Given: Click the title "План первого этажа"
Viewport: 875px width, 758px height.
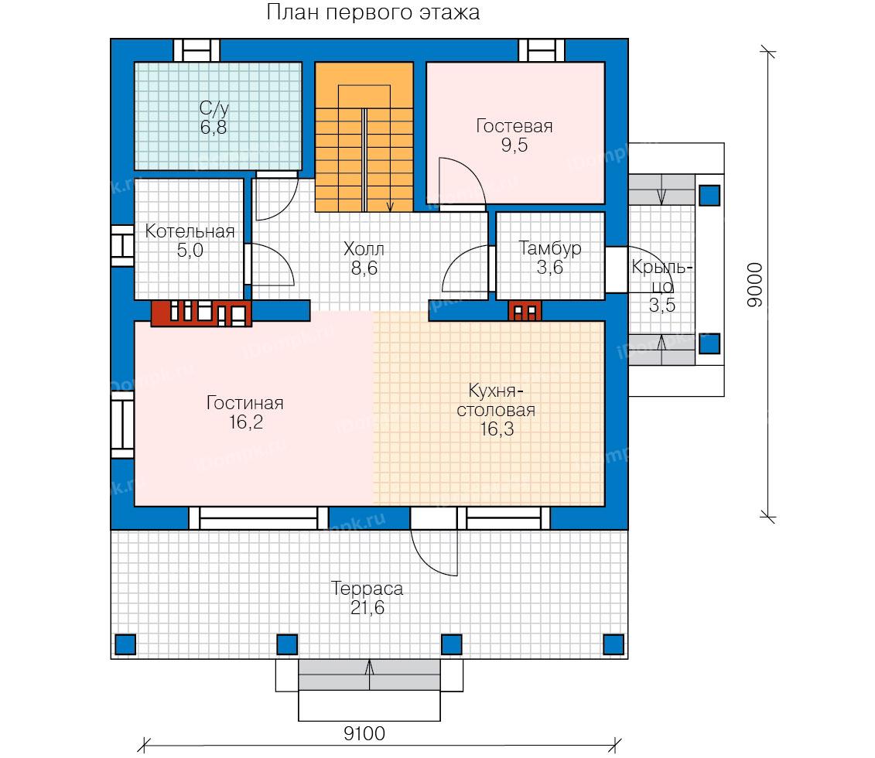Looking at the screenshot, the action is coord(373,12).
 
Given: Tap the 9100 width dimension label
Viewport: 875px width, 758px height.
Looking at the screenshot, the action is coord(364,733).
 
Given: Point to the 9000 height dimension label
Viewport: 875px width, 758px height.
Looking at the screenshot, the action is coord(754,285).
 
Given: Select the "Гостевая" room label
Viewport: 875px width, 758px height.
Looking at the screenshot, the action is coord(514,126).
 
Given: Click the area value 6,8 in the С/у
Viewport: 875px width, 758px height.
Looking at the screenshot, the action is coord(214,127).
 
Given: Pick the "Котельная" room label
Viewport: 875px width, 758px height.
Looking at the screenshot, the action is coord(190,231).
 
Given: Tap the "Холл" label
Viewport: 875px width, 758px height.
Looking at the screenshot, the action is coord(364,249).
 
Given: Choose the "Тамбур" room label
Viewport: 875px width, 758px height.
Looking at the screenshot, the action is coord(549,248).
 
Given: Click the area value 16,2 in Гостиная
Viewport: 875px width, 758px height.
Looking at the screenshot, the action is coord(245,422).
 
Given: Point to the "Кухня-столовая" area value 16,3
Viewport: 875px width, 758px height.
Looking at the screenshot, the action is coord(497,429).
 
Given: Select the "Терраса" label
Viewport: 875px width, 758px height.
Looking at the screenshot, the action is coord(367,589).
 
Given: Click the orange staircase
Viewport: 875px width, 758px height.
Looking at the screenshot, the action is coord(364,137).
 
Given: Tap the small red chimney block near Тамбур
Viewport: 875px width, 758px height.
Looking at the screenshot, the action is coord(525,311).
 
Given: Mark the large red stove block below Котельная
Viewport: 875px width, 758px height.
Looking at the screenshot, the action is coord(201,313).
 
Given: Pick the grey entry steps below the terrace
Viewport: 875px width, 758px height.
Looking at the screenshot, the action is coord(370,675).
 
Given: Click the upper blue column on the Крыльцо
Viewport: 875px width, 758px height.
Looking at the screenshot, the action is coord(709,196).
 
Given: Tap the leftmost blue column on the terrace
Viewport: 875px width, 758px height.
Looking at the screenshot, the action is coord(125,644).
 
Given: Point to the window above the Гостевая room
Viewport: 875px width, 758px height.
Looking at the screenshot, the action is coord(542,50).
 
